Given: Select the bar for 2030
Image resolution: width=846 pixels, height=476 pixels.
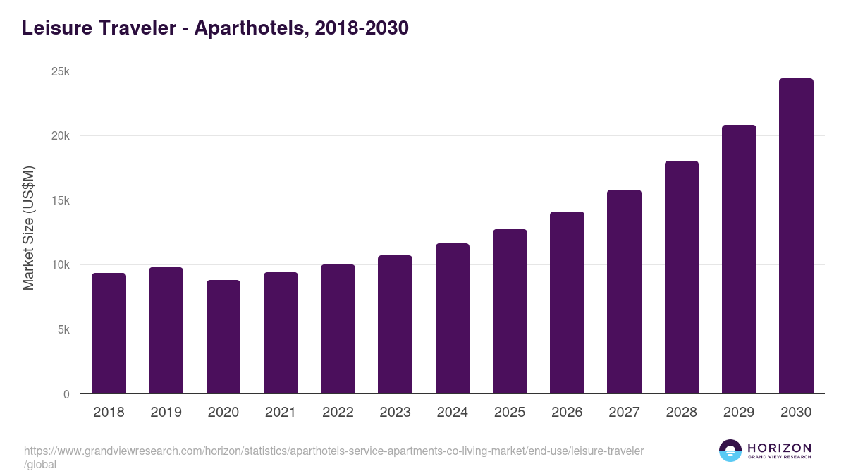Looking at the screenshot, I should pyautogui.click(x=796, y=236).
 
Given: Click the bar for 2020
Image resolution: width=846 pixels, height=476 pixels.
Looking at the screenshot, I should pyautogui.click(x=223, y=337).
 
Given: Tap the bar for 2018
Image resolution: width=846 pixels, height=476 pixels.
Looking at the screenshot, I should pyautogui.click(x=109, y=334).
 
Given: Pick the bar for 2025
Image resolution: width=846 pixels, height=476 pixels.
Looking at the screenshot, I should pyautogui.click(x=510, y=312).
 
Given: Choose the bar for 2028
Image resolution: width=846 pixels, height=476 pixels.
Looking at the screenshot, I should pyautogui.click(x=682, y=277).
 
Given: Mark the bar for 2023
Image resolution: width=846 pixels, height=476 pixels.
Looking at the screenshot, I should pyautogui.click(x=395, y=324).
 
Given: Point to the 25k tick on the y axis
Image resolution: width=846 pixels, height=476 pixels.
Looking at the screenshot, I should pyautogui.click(x=61, y=71).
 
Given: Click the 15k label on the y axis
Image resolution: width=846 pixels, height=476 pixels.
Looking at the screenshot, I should pyautogui.click(x=61, y=200).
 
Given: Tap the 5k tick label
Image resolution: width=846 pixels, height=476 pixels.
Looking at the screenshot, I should pyautogui.click(x=63, y=329).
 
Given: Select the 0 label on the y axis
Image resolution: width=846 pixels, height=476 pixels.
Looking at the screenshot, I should pyautogui.click(x=66, y=394).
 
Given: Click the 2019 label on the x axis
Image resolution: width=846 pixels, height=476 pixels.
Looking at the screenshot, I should pyautogui.click(x=166, y=413).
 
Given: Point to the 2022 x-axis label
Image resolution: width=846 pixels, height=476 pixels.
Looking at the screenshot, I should pyautogui.click(x=338, y=413).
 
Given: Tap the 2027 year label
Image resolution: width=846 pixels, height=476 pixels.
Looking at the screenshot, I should pyautogui.click(x=624, y=413).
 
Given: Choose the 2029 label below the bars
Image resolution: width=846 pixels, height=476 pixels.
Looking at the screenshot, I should pyautogui.click(x=739, y=413).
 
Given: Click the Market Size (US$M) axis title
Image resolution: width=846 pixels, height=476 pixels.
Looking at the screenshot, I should pyautogui.click(x=28, y=228).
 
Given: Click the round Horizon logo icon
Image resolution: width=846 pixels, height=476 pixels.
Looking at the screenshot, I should pyautogui.click(x=730, y=451).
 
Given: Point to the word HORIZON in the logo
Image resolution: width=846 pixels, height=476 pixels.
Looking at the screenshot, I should pyautogui.click(x=779, y=447).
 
